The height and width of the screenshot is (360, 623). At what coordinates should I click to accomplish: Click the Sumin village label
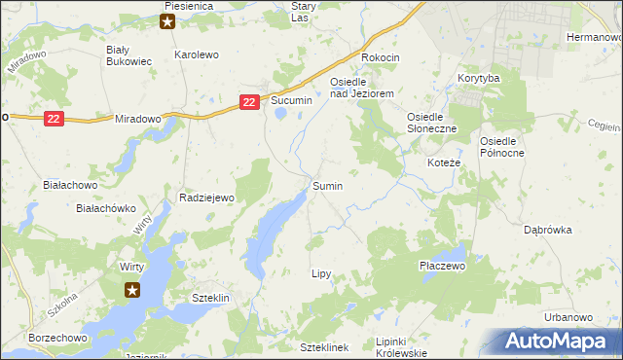click(x=327, y=185)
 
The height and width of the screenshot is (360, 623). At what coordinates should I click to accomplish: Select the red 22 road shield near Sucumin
click(x=250, y=101)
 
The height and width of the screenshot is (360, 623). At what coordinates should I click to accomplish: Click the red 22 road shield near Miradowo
click(x=55, y=118)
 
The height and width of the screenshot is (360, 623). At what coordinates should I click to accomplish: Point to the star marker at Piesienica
click(x=168, y=21)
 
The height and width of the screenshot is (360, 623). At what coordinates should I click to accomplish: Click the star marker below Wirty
click(x=133, y=289)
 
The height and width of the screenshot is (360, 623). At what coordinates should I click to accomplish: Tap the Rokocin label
click(x=381, y=58)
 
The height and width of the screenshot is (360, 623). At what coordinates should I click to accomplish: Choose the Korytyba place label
click(x=478, y=77)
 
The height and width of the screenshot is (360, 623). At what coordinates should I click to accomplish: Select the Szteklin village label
click(x=210, y=298)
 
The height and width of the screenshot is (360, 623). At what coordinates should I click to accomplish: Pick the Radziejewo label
click(x=207, y=198)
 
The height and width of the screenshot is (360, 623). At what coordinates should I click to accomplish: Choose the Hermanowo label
click(x=593, y=36)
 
